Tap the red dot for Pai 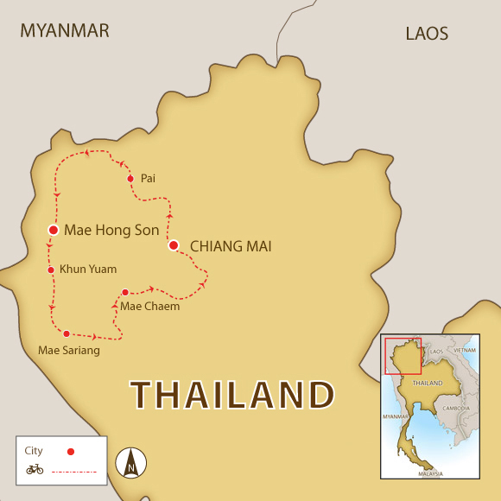tap(130, 179)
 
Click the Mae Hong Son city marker tap(54, 231)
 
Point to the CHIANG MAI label tap(231, 247)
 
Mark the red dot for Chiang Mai tap(174, 246)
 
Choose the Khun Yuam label tap(87, 270)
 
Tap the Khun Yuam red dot tap(51, 270)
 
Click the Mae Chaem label tap(150, 306)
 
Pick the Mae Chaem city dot tap(125, 292)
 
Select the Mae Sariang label tap(69, 351)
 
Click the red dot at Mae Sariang tap(67, 333)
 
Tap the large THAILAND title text tap(232, 395)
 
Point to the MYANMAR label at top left tap(65, 31)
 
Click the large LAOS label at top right tap(427, 34)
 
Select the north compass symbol tap(131, 462)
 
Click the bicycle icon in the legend tap(35, 469)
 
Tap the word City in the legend tap(34, 451)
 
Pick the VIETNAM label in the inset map tap(465, 351)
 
